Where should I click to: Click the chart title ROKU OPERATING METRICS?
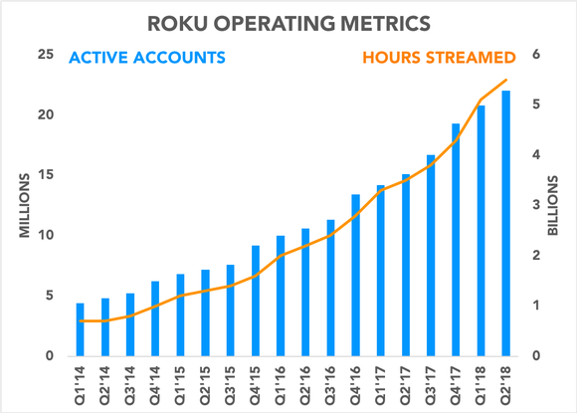[x=288, y=21]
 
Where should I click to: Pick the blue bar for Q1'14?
[x=81, y=329]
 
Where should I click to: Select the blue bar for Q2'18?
[x=506, y=224]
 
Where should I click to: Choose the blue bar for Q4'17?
[x=457, y=240]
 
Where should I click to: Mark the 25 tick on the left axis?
[x=45, y=55]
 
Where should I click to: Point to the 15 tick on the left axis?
[x=45, y=175]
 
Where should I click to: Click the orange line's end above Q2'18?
[x=506, y=80]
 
